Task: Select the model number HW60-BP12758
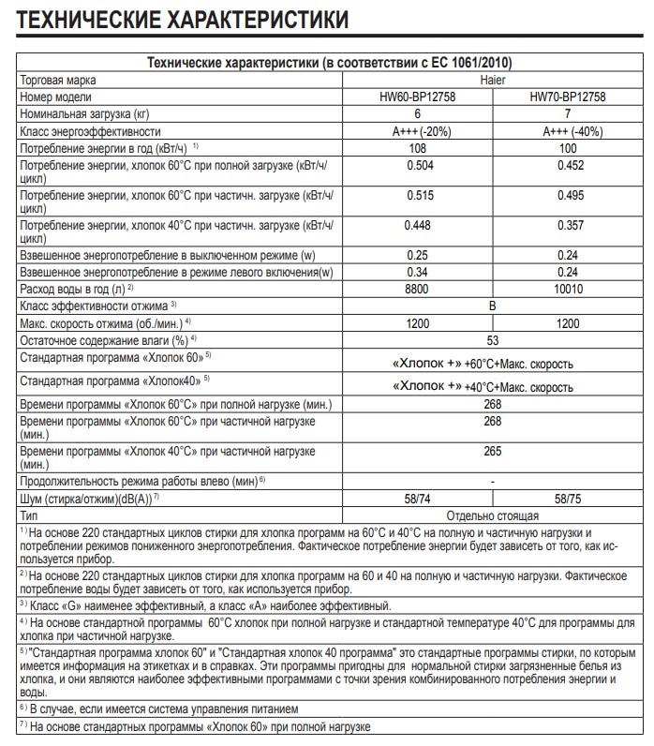click(418, 97)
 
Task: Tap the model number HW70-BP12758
click(569, 97)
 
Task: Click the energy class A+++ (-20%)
click(418, 131)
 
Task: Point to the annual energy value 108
click(418, 148)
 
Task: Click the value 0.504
click(418, 165)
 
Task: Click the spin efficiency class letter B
click(493, 305)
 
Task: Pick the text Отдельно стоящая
click(493, 515)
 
